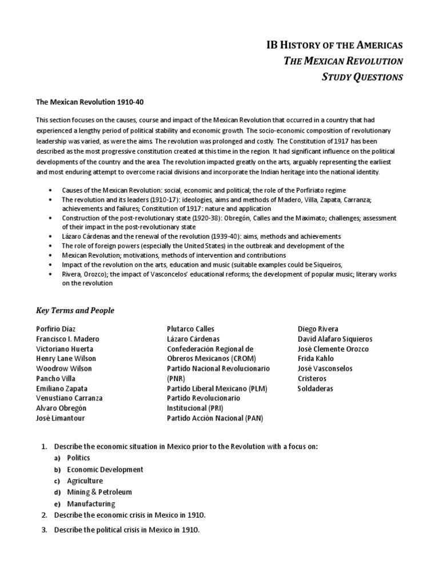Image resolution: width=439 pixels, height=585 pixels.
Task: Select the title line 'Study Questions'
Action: pos(362,77)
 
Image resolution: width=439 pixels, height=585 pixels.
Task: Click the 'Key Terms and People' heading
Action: pos(75,310)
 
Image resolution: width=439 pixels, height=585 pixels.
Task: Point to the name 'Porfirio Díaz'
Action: pos(55,329)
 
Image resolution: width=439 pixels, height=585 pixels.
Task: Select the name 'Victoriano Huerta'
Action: pos(65,349)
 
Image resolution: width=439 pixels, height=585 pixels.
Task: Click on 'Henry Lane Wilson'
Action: pos(66,359)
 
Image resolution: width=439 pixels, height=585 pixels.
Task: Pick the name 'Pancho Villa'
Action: pos(55,379)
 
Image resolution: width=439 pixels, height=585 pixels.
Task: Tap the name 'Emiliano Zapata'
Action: pos(62,388)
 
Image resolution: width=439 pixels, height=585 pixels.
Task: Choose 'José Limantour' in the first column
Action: pos(59,418)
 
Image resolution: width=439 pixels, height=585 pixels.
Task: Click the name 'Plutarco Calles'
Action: pos(190,329)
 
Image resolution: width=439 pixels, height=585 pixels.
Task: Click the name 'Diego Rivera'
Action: pos(318,329)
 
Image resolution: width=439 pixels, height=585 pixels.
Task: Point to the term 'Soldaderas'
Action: pos(315,388)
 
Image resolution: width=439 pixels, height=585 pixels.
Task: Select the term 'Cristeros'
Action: pos(312,379)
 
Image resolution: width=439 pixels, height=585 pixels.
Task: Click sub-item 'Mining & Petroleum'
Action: pos(99,492)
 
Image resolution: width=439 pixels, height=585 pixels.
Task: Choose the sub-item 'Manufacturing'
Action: pos(91,503)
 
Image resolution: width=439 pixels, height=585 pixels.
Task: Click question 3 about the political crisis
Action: pos(126,530)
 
